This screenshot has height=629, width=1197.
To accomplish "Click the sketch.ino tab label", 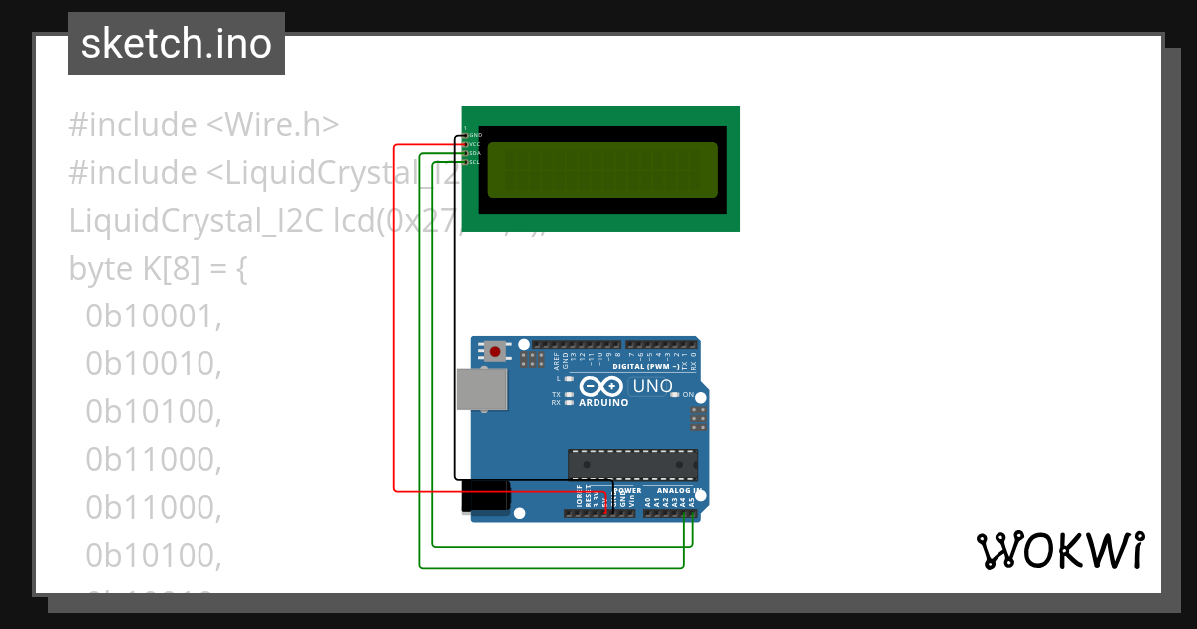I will (176, 44).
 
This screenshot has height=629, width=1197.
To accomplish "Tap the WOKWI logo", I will (1059, 550).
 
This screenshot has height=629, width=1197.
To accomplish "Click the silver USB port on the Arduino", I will (482, 389).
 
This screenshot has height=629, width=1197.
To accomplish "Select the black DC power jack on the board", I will (486, 497).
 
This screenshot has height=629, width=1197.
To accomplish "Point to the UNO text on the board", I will (652, 386).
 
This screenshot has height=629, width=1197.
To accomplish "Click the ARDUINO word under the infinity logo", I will (603, 403).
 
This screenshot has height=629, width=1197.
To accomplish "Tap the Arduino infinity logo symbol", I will (602, 386).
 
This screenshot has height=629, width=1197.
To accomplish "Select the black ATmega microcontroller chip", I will (632, 464).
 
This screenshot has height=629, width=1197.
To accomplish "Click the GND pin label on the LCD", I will (475, 134).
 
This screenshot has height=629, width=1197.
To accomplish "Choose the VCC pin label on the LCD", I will (475, 143).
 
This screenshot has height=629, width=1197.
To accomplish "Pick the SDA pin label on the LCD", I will (475, 152).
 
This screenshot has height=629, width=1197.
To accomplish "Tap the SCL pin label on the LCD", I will (475, 161).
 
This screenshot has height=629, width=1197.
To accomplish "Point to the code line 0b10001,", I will (152, 316).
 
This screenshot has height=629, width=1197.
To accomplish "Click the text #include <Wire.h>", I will (203, 125).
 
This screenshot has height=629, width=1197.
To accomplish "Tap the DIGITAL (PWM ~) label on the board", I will (646, 366).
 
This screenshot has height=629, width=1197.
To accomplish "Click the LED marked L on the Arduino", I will (568, 379).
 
